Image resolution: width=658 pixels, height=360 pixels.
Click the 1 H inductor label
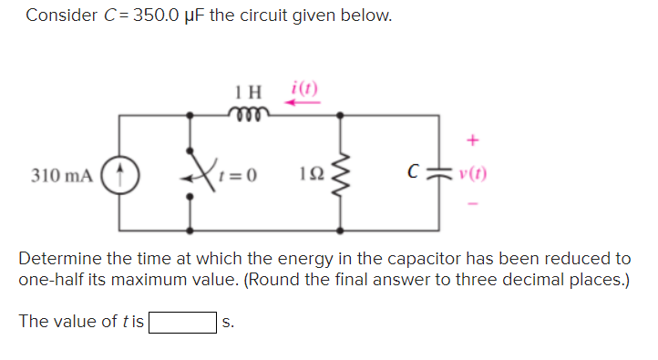(246, 93)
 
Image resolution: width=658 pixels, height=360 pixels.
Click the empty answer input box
(183, 322)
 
